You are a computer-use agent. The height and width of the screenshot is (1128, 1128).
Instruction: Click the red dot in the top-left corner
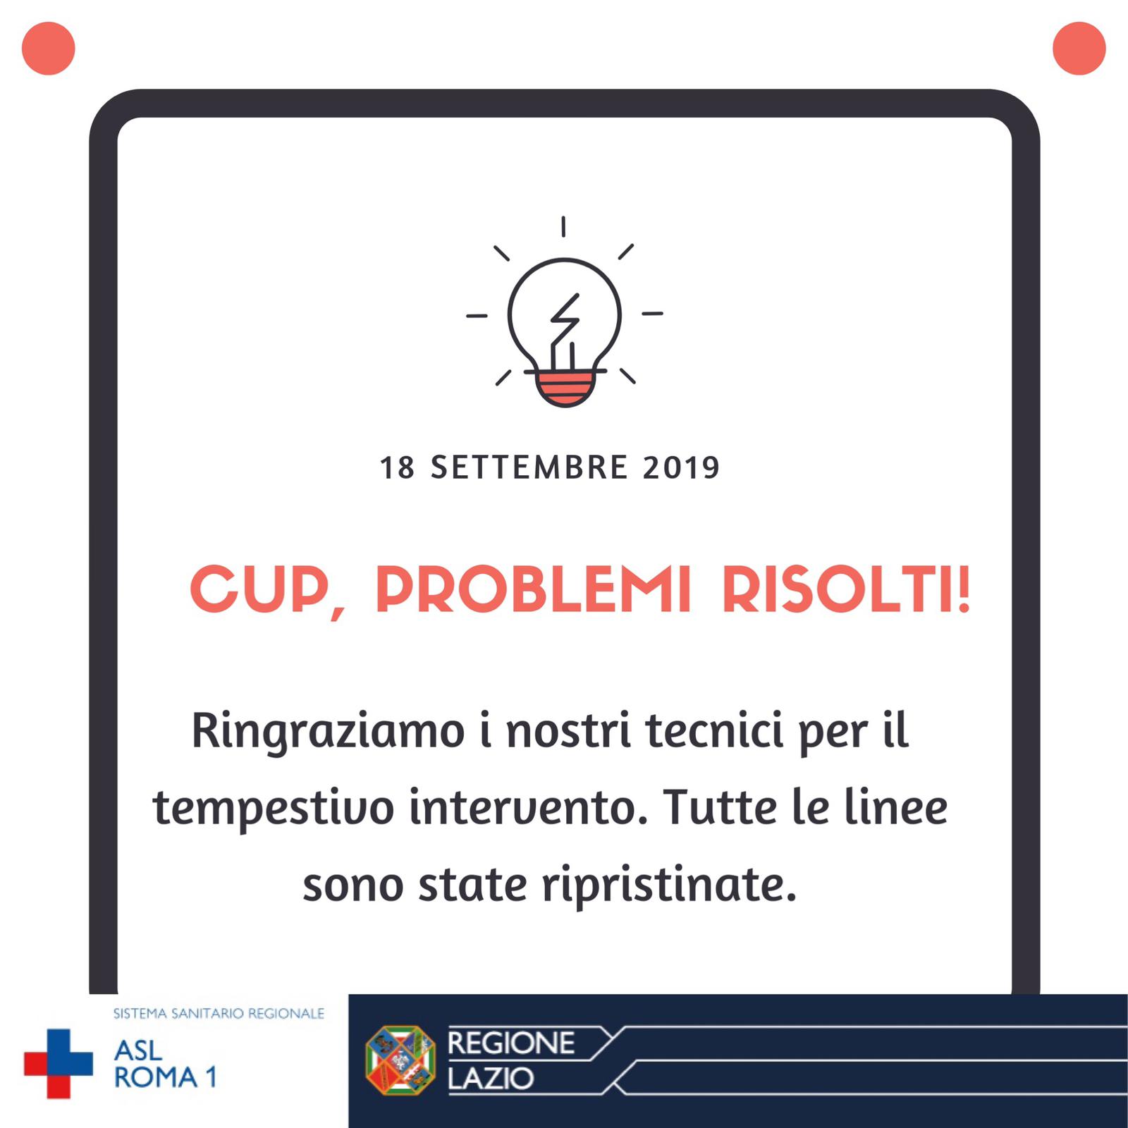coord(49,48)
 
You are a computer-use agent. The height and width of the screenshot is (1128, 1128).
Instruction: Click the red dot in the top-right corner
coord(1079,48)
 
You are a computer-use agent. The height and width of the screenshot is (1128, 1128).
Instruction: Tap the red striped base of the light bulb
coord(564,389)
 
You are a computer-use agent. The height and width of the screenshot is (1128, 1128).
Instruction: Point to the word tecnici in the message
coord(714,730)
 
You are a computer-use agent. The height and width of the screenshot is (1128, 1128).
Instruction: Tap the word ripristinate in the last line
coord(670,887)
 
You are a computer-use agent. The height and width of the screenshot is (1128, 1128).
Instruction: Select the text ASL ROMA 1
coord(165,1064)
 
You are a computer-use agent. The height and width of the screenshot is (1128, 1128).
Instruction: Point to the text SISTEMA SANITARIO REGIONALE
coord(219,1014)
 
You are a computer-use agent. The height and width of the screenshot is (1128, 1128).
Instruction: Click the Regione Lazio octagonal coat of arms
coord(400,1060)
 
